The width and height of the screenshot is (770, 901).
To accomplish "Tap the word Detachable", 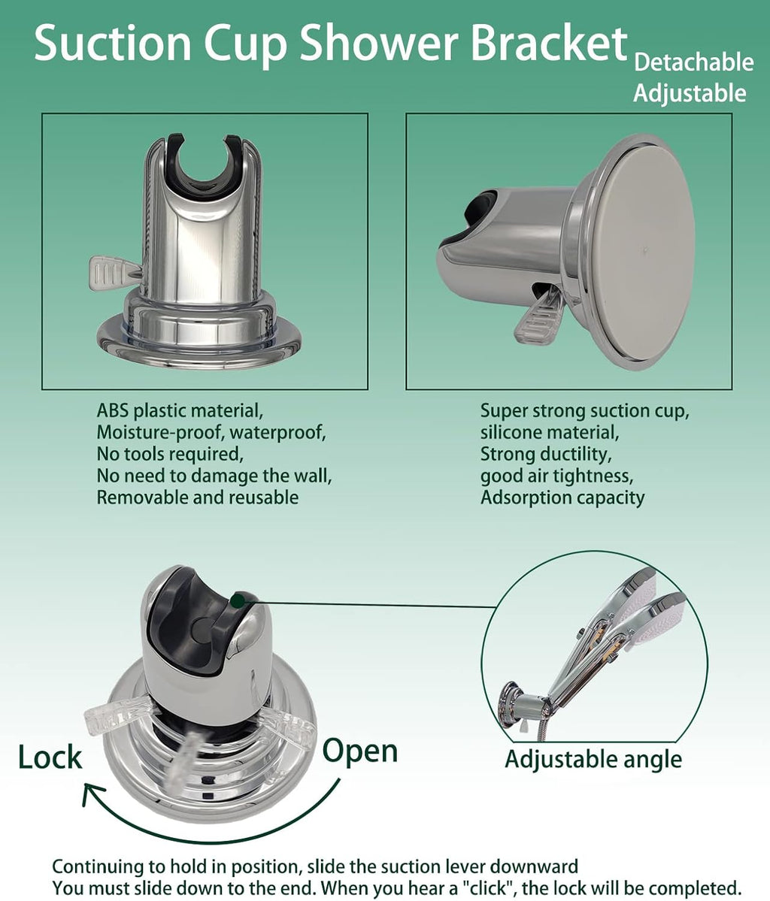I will pos(693,62).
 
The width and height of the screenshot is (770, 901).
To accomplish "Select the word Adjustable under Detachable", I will pos(690,93).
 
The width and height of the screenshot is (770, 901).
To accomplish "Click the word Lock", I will pos(50,757).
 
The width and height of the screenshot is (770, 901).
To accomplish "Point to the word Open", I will pos(360,751).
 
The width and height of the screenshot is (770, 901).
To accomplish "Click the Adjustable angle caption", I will pos(593,759).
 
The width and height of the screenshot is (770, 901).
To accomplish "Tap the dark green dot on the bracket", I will pos(238,599).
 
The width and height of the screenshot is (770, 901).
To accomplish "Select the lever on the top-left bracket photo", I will pos(113,271).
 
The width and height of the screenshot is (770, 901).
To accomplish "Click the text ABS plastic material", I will pos(179,411).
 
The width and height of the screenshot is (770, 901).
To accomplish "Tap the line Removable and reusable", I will pos(197,497).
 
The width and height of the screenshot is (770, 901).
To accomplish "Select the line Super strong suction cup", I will pos(585,411).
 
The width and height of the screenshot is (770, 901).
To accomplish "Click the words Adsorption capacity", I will pos(562,497).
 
